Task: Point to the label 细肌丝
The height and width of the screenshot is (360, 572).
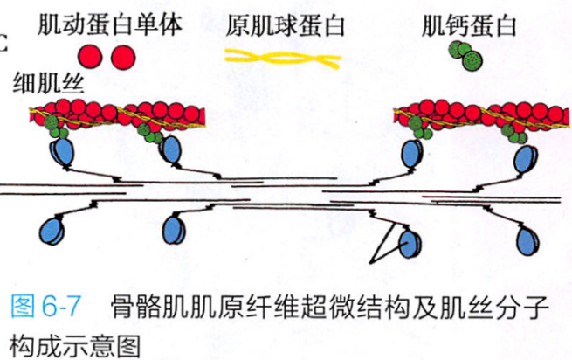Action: tap(43, 84)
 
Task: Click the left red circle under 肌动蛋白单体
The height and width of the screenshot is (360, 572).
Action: tap(93, 58)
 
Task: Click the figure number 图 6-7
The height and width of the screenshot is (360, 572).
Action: tap(45, 307)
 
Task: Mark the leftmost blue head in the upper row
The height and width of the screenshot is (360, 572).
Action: tap(62, 154)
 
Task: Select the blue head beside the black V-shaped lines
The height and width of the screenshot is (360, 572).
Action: tap(406, 242)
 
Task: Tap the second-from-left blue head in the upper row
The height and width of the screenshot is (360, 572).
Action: tap(172, 153)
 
